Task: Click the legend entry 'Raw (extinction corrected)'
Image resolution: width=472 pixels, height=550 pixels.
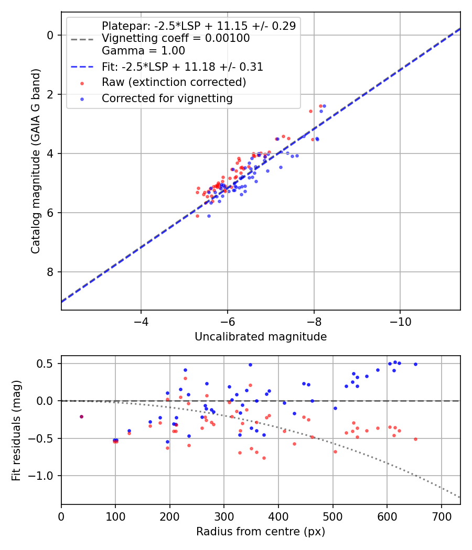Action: point(174,82)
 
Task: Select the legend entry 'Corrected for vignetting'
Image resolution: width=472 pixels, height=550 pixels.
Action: point(167,98)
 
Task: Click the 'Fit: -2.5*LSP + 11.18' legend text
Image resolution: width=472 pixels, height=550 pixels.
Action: point(182,67)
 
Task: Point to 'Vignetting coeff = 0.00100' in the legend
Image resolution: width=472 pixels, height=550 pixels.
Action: point(176,38)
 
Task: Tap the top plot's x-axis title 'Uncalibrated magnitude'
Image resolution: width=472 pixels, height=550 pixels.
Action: point(261,337)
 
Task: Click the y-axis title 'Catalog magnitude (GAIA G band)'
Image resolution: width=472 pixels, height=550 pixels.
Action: point(35,160)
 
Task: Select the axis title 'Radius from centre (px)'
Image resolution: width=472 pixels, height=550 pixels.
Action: point(261,532)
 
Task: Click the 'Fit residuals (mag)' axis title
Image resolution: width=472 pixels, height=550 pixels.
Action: point(16,430)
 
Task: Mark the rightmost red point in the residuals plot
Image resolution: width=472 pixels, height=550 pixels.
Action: point(415,439)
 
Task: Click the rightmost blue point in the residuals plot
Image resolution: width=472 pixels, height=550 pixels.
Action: point(415,364)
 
